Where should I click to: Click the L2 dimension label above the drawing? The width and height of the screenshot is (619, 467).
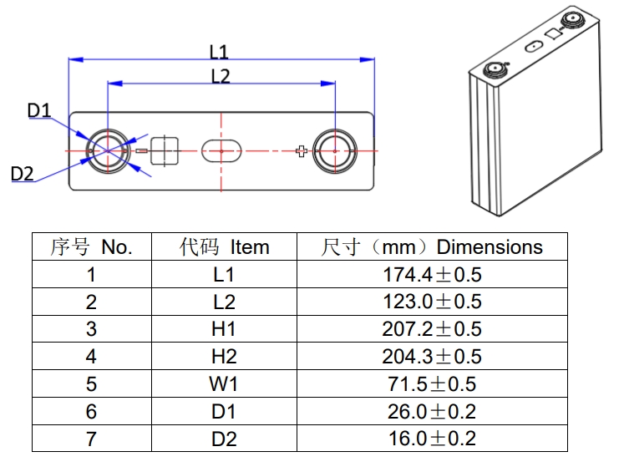220,76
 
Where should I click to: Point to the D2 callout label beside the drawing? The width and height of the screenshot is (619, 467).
23,174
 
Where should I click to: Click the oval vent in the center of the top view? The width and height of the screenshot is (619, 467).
221,151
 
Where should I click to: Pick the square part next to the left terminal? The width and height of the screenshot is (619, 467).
165,151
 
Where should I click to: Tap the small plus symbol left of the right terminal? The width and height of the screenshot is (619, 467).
302,150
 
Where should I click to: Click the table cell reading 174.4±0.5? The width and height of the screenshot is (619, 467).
432,274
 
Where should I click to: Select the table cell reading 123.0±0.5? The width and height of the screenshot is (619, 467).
432,302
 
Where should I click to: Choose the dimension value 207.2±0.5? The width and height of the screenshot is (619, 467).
432,329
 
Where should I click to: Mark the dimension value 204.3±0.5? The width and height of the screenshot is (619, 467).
432,357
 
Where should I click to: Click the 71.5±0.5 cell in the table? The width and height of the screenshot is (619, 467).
432,384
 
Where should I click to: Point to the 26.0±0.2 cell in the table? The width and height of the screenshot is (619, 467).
432,412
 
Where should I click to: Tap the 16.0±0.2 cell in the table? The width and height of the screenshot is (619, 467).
432,439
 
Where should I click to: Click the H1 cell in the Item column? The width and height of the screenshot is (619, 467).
225,329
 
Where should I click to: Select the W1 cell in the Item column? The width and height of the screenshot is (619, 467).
225,384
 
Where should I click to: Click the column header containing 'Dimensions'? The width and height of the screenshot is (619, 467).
432,247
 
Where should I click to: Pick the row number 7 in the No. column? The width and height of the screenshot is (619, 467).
91,439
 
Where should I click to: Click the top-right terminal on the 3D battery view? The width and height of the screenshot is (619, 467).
574,21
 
